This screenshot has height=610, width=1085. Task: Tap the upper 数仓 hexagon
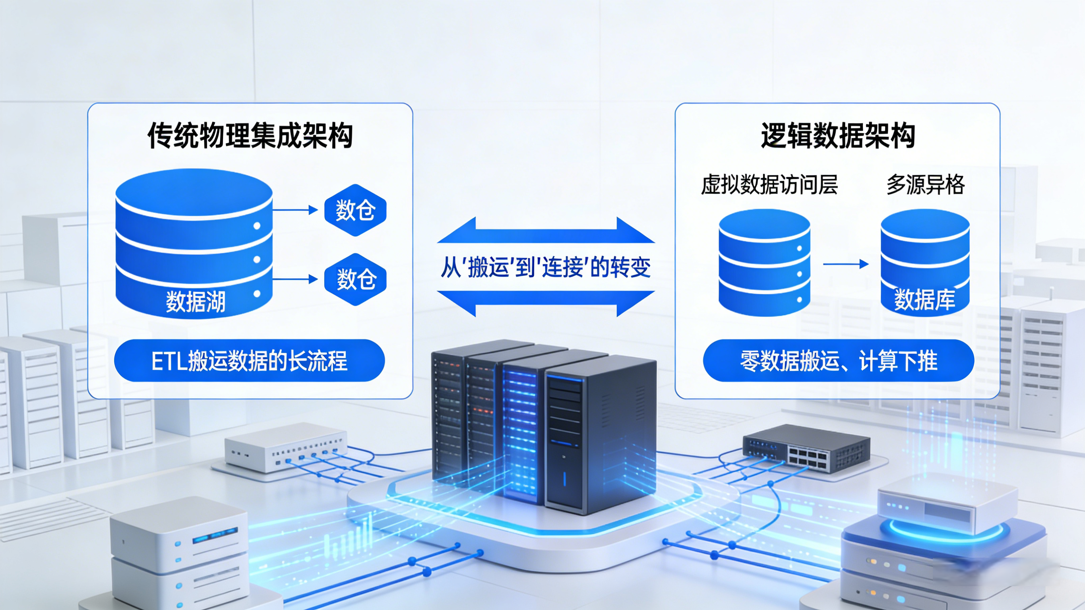pos(355,210)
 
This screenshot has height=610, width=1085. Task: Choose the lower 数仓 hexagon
pos(355,279)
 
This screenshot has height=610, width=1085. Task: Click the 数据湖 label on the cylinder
pos(196,301)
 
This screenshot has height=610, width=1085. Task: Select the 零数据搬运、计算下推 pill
pos(838,360)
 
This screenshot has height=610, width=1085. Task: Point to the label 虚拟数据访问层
pos(769,184)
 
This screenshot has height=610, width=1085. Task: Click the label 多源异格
pos(925,184)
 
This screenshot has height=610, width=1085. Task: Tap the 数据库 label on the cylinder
pos(924,300)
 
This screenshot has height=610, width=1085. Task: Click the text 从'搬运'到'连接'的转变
pos(545,267)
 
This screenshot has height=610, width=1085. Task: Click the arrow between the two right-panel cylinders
pos(846,264)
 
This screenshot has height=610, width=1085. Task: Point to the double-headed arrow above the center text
pos(546,231)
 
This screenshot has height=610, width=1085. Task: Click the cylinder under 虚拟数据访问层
pos(764,263)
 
